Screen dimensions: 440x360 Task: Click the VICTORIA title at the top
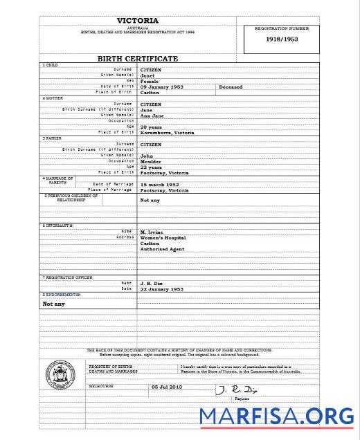[x=138, y=21]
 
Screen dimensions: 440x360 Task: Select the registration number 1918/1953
[x=281, y=40]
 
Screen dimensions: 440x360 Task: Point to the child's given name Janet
[x=147, y=75]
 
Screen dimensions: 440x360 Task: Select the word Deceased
[x=231, y=86]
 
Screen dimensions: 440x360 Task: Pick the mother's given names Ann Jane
[x=153, y=115]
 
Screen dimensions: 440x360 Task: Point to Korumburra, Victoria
[x=167, y=132]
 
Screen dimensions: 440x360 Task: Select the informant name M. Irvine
[x=152, y=232]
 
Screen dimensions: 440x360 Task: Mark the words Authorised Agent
[x=163, y=249]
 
